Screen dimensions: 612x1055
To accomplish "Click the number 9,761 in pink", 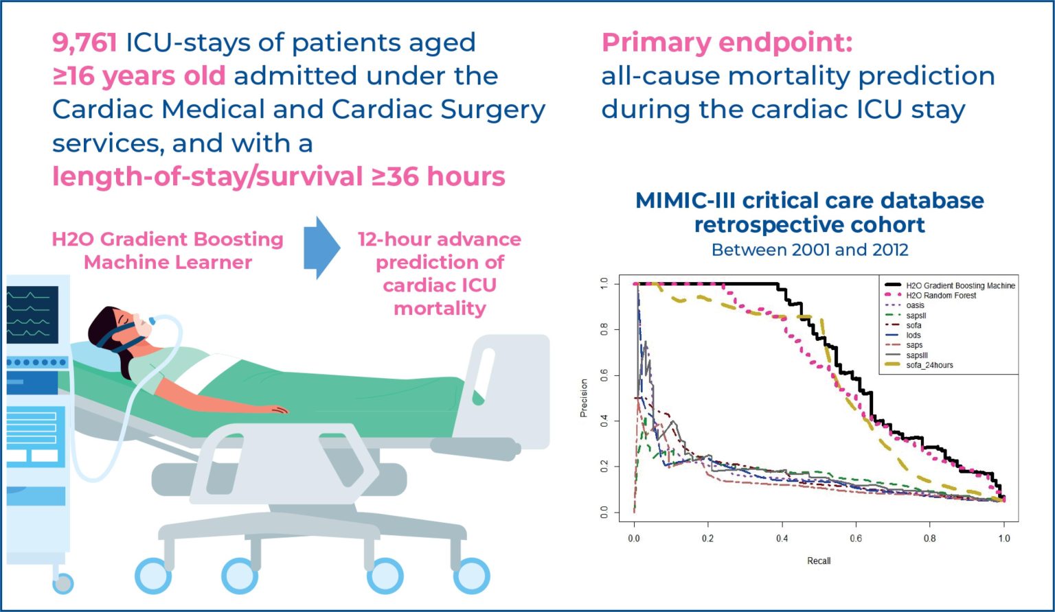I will pyautogui.click(x=84, y=43).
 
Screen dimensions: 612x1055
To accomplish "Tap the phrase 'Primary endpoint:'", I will pyautogui.click(x=727, y=43).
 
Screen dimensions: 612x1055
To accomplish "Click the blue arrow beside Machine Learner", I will pyautogui.click(x=321, y=248).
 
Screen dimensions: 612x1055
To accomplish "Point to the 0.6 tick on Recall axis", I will pyautogui.click(x=856, y=539).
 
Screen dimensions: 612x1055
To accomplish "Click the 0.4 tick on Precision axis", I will pyautogui.click(x=604, y=421).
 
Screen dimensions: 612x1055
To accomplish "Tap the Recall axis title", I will pyautogui.click(x=819, y=561).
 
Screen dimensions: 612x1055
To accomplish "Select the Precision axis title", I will pyautogui.click(x=584, y=398).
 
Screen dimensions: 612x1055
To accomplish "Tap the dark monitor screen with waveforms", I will pyautogui.click(x=32, y=314).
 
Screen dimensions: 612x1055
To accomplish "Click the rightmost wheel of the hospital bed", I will pyautogui.click(x=471, y=576).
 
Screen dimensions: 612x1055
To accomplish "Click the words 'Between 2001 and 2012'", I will pyautogui.click(x=809, y=250).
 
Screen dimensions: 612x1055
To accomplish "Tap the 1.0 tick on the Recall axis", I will pyautogui.click(x=1004, y=539).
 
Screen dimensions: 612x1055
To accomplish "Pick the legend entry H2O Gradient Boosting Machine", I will pyautogui.click(x=960, y=285).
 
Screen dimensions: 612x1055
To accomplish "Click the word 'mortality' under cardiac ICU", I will pyautogui.click(x=440, y=308).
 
